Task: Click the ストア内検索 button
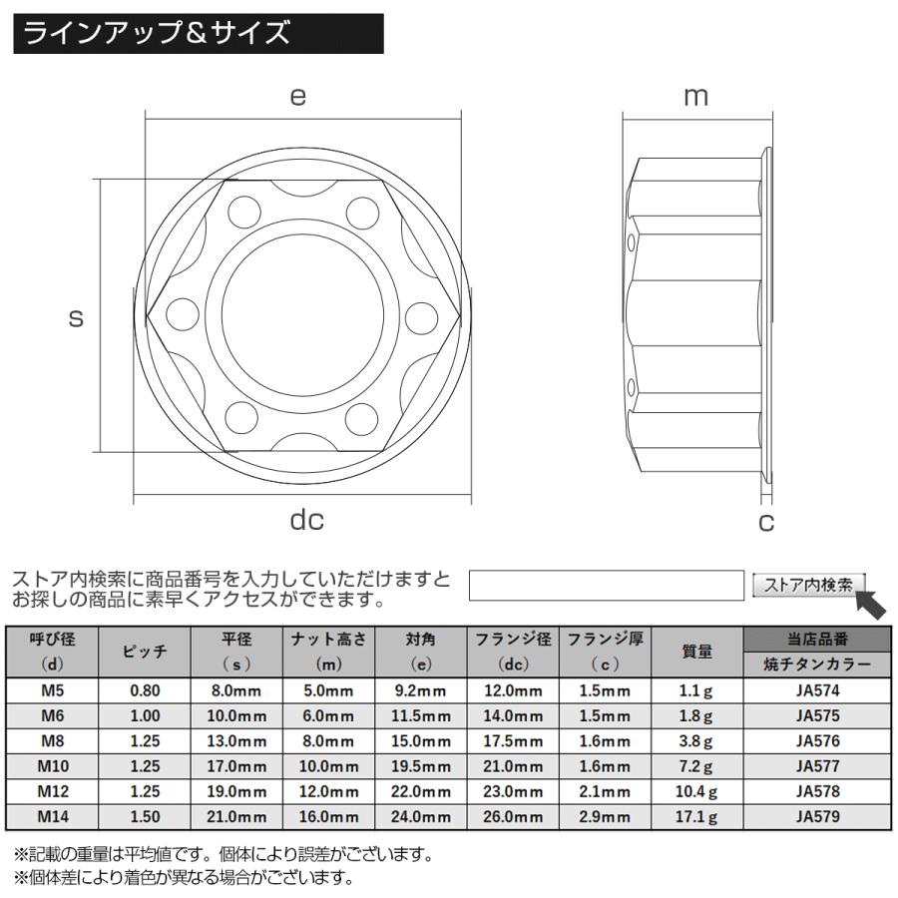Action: [808, 586]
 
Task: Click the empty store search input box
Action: [607, 586]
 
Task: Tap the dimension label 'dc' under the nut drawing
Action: [307, 520]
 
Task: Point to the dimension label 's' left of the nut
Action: [75, 318]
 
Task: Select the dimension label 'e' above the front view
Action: [297, 96]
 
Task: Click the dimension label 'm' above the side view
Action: [695, 96]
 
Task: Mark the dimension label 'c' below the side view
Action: [766, 521]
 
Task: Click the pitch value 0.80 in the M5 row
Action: [144, 689]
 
